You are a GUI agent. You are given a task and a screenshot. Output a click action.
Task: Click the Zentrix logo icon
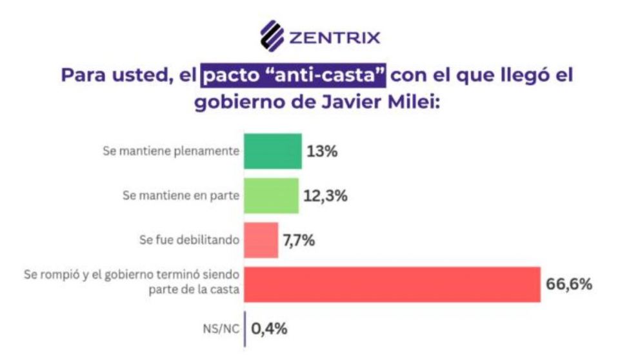point(272,36)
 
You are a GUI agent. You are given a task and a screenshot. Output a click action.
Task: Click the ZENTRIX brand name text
point(334,37)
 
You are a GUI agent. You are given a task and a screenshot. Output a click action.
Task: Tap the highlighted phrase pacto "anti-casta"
point(294,75)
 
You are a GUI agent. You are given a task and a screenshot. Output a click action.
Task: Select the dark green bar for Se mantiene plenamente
point(272,151)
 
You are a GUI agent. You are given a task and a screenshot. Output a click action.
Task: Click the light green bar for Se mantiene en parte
point(271,195)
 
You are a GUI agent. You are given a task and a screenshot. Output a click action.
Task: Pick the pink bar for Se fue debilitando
point(261,240)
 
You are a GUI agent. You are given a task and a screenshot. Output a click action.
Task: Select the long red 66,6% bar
point(392,284)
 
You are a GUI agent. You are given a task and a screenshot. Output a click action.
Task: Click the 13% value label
point(323,152)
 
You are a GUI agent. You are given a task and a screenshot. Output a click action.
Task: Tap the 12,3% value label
point(326,195)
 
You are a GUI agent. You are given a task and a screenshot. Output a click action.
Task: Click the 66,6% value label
point(568,284)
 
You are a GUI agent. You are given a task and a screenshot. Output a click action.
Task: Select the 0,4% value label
point(269,328)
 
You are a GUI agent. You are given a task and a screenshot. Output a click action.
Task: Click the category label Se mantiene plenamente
point(171,152)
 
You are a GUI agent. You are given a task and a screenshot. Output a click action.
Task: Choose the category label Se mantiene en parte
point(180,195)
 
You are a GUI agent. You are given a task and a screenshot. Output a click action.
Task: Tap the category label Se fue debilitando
point(188,240)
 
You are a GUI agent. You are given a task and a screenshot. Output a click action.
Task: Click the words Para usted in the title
point(108,75)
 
